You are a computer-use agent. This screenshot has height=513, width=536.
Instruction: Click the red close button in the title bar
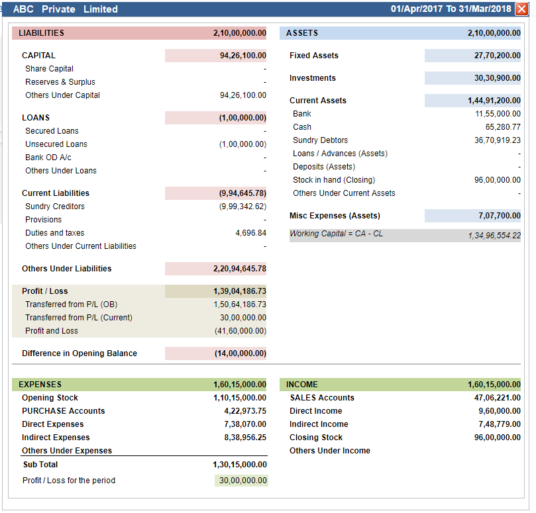521,9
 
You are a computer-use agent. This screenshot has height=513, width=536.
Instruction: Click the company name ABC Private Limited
66,9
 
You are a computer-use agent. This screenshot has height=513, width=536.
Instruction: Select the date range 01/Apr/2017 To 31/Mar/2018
451,9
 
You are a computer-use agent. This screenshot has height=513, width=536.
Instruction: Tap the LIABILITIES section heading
41,33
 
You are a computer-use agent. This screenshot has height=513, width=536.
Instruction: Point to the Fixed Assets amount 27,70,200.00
498,56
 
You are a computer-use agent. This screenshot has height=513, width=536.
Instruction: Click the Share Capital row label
49,69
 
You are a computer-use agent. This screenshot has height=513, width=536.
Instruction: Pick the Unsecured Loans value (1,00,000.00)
242,144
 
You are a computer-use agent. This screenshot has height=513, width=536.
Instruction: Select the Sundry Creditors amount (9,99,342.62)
242,207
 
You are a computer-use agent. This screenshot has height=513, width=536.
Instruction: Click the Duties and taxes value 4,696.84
251,233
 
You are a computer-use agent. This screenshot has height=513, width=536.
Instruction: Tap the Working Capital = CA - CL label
337,234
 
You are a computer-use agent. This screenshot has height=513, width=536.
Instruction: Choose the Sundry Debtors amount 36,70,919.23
498,140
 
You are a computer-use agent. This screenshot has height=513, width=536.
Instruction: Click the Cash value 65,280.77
503,127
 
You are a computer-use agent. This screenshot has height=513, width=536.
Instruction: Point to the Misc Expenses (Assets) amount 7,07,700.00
500,216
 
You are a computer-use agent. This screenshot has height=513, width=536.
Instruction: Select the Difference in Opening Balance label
80,353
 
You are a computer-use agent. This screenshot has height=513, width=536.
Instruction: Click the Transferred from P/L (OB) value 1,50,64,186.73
240,304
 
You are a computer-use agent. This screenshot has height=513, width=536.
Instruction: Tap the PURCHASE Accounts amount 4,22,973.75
245,411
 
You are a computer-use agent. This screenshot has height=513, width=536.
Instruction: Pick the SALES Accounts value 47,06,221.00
498,398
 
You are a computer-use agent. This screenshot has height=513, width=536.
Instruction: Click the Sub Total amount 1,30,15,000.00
240,465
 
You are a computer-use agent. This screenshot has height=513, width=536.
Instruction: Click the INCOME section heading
302,385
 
